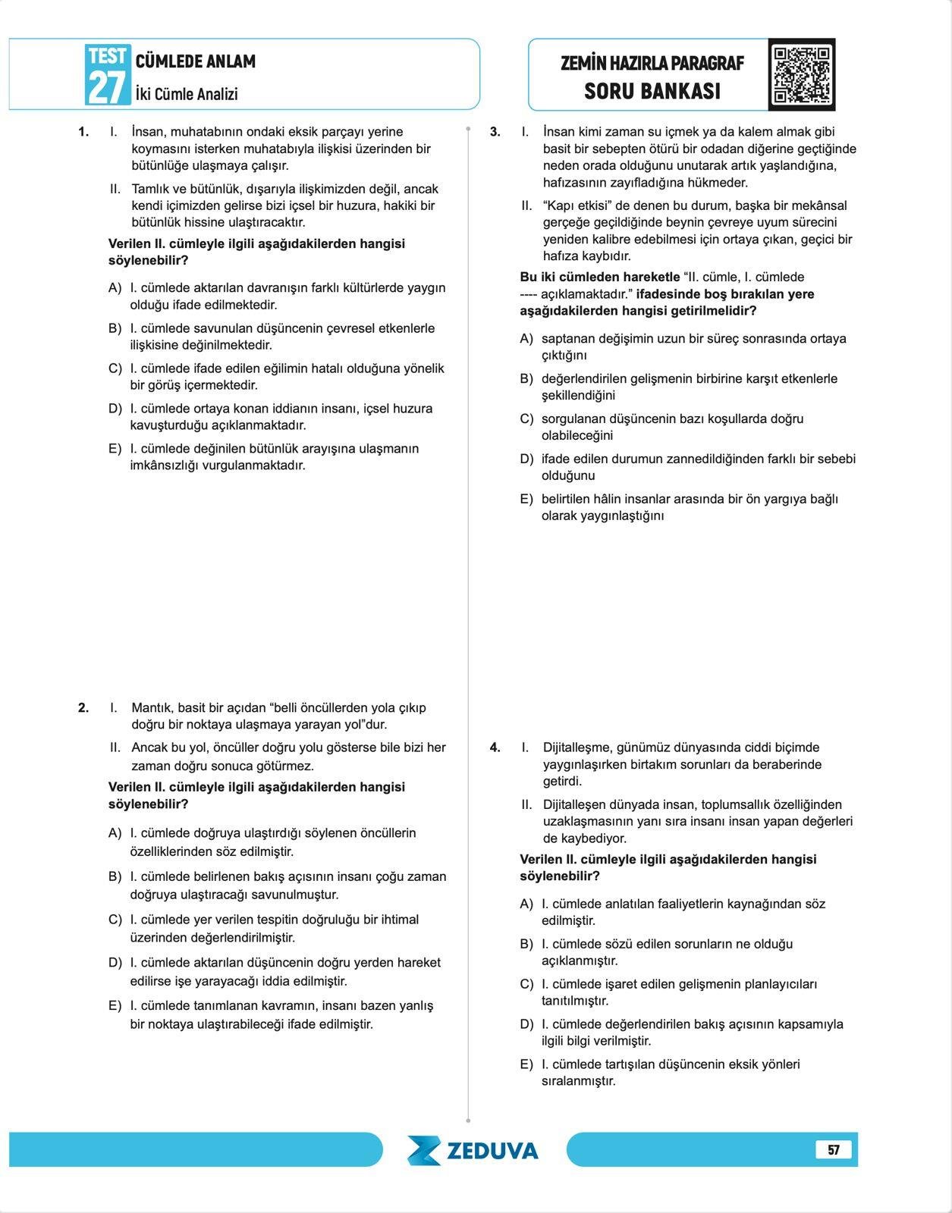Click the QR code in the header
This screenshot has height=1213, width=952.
pos(801,74)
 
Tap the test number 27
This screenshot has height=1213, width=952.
pos(106,86)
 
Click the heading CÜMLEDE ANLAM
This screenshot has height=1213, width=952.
pos(195,61)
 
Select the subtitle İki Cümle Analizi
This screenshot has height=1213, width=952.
pos(187,94)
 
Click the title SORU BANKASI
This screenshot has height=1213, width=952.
pos(652,92)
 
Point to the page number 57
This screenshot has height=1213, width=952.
pos(834,1149)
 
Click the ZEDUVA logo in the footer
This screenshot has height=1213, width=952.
pos(473,1150)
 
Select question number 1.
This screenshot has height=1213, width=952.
pos(83,132)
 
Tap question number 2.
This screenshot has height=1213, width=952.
pos(83,708)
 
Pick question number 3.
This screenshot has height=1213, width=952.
pos(495,132)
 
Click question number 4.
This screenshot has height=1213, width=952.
pos(495,748)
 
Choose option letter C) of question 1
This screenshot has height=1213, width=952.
pos(115,368)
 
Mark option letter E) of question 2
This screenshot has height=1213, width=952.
pos(115,1006)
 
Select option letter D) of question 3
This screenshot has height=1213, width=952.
pos(526,459)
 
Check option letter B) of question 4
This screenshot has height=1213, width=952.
pos(526,944)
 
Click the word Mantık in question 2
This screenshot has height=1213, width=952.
pos(152,708)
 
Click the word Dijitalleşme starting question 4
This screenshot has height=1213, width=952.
pos(578,748)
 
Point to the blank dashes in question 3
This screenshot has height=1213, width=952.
pos(529,294)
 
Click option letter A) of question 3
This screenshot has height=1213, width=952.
pos(526,339)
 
